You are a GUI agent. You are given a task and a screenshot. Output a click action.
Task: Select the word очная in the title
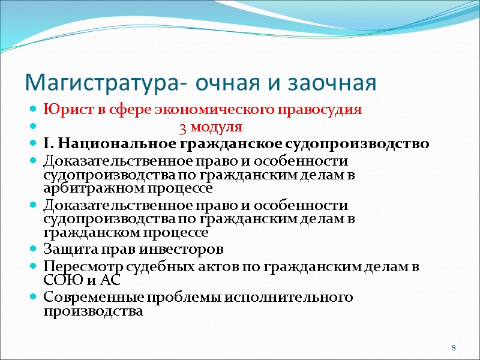point(226,82)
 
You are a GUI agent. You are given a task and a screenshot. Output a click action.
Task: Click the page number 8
point(454,349)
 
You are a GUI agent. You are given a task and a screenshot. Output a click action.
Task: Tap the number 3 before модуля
point(182,127)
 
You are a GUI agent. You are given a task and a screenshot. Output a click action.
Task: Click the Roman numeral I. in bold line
point(49,144)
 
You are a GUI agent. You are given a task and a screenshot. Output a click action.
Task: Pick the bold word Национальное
point(115,144)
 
